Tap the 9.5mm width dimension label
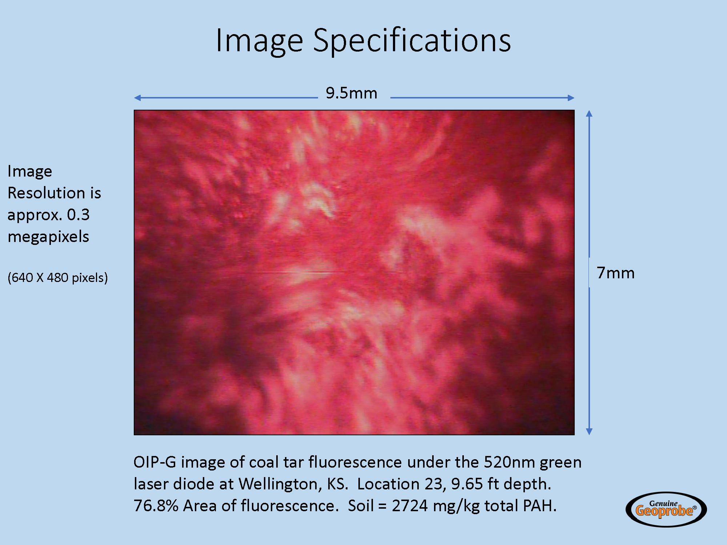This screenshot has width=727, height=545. tap(352, 93)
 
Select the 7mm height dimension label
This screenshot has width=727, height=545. tap(616, 273)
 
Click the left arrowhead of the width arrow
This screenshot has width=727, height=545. tap(137, 98)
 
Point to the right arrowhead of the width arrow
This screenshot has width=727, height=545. tap(571, 98)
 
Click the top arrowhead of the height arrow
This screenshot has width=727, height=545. tap(589, 113)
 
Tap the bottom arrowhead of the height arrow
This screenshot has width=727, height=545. tap(589, 432)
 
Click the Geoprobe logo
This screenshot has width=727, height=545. tap(666, 509)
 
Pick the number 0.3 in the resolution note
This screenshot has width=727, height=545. tap(78, 215)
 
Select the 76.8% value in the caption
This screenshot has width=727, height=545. tap(156, 506)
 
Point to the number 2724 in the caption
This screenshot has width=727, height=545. tap(410, 506)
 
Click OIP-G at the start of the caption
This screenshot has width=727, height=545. tap(155, 463)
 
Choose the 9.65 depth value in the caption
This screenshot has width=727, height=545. tap(467, 484)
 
